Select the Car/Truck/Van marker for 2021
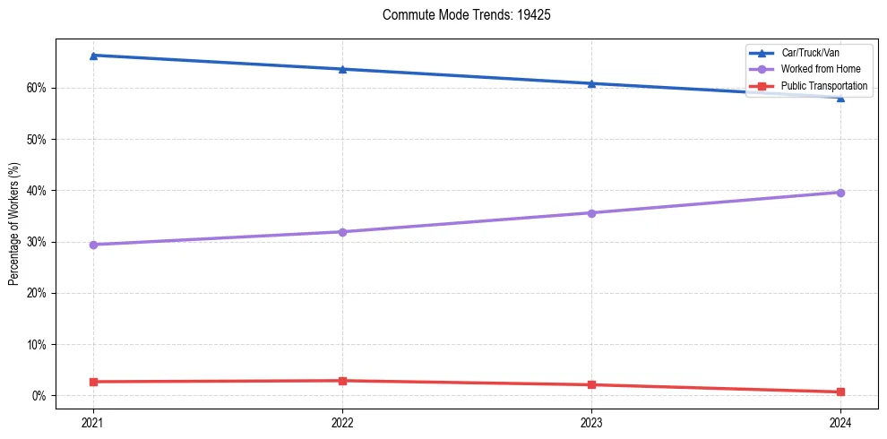pos(93,56)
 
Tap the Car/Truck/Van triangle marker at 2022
pos(342,69)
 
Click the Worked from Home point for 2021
pos(93,245)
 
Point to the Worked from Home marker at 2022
pos(342,232)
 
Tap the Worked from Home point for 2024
pos(840,193)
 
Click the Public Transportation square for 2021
pos(93,382)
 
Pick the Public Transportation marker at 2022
pos(342,381)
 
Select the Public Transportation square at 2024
pos(840,392)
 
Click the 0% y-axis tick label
pos(39,395)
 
